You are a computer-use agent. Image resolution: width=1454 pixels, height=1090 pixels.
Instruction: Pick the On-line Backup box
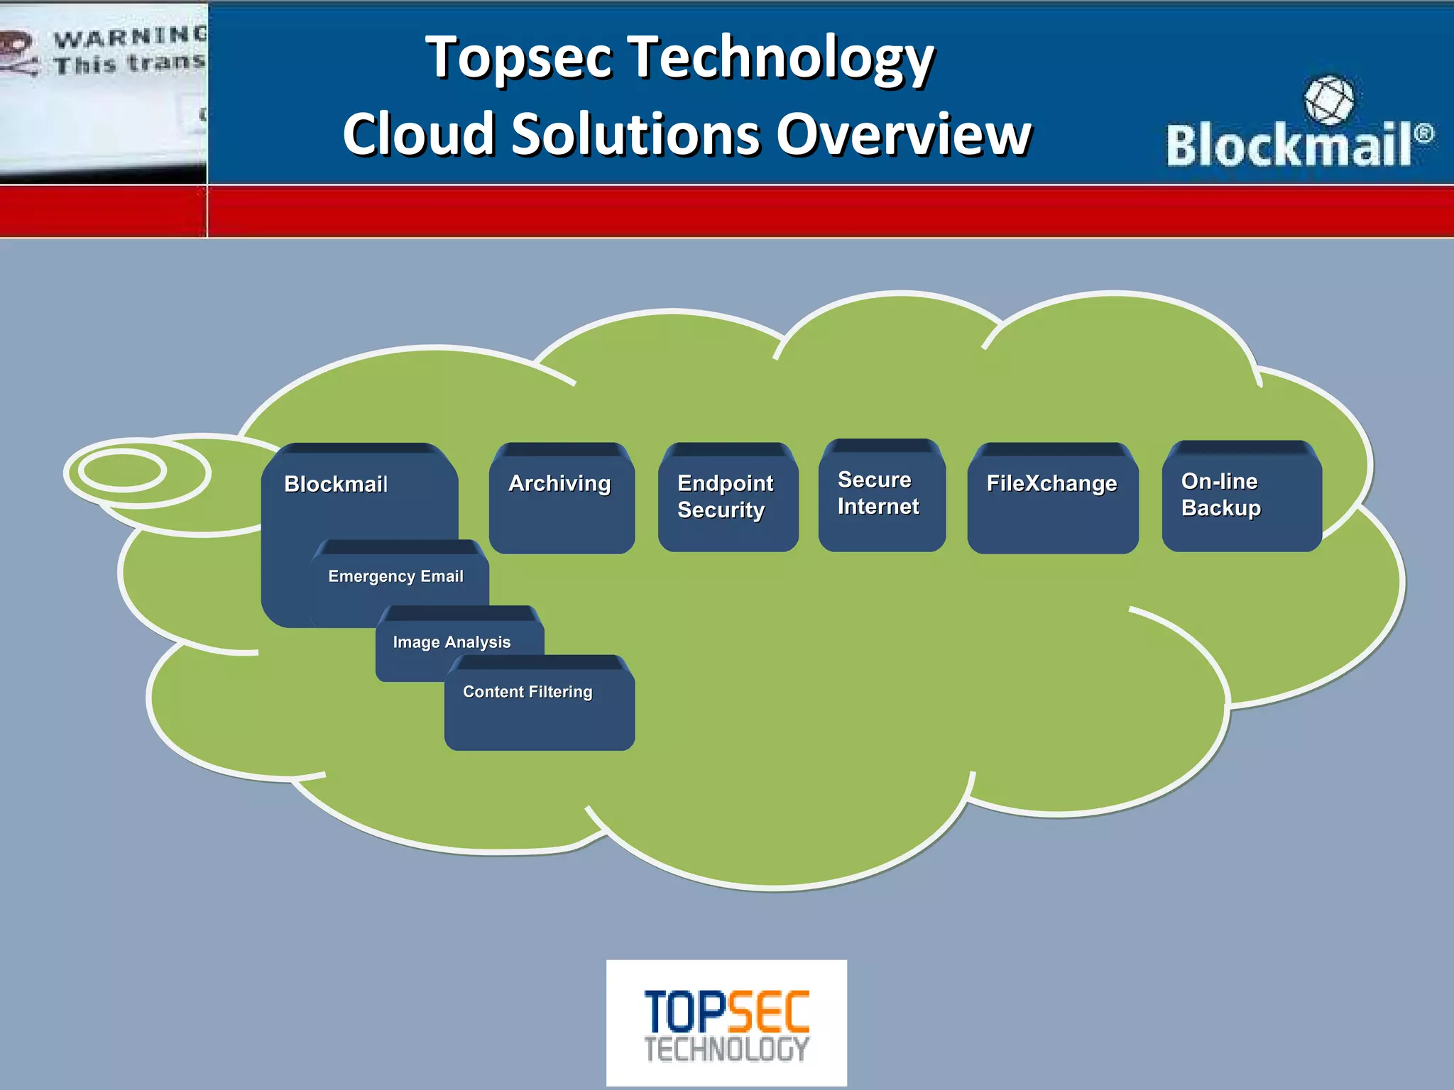tap(1241, 496)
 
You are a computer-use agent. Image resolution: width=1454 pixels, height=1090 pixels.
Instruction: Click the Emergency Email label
tap(395, 576)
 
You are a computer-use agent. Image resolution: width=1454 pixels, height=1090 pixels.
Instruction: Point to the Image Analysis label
tap(452, 642)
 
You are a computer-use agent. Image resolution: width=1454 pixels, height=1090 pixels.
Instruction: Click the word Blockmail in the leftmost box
tap(336, 485)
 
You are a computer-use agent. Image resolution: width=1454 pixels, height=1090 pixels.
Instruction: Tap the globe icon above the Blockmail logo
tap(1328, 100)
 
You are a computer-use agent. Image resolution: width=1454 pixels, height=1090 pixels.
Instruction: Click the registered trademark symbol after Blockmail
tap(1423, 133)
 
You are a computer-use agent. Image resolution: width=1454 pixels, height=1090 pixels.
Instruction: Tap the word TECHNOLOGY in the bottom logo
tap(726, 1050)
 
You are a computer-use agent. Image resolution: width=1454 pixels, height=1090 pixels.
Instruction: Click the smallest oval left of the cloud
tap(122, 470)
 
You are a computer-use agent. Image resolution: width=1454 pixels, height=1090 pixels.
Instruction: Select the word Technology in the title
tap(781, 58)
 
